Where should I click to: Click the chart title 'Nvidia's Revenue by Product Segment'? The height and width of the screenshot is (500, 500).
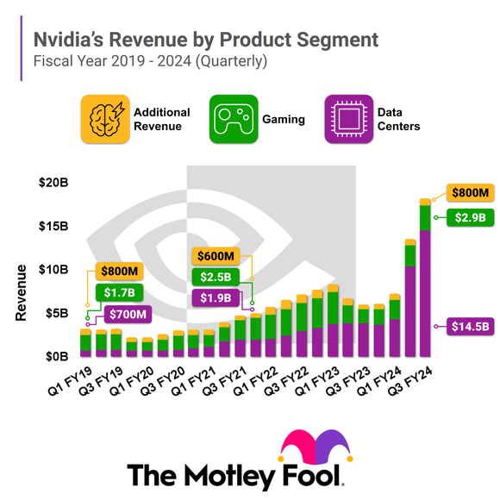(x=205, y=40)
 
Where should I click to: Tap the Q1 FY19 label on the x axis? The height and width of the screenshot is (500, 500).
(x=71, y=378)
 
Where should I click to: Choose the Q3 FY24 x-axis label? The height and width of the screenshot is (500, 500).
(x=411, y=378)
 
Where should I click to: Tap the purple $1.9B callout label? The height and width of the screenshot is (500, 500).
(x=216, y=298)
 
